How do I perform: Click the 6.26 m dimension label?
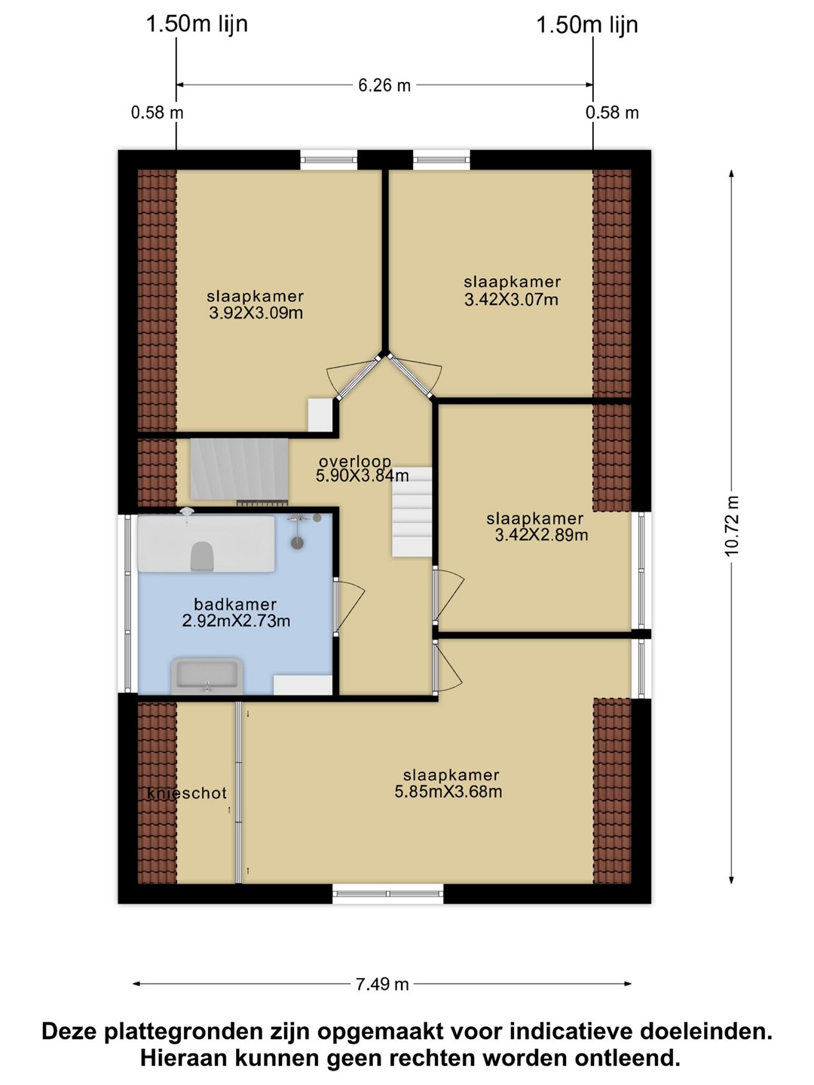[384, 85]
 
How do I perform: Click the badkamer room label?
[234, 604]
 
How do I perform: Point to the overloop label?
[355, 461]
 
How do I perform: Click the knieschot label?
[187, 793]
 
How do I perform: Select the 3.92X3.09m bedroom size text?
[256, 313]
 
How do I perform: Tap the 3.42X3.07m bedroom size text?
[512, 300]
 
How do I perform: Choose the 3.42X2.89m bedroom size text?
[542, 535]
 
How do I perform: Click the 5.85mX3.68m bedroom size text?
[448, 791]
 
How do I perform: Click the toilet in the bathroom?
[201, 555]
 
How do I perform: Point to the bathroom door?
[349, 606]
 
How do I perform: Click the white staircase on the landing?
[412, 512]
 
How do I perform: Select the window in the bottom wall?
[387, 894]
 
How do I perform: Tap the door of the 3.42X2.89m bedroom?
[448, 597]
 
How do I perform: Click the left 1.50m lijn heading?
[197, 23]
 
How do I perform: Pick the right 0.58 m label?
[612, 113]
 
